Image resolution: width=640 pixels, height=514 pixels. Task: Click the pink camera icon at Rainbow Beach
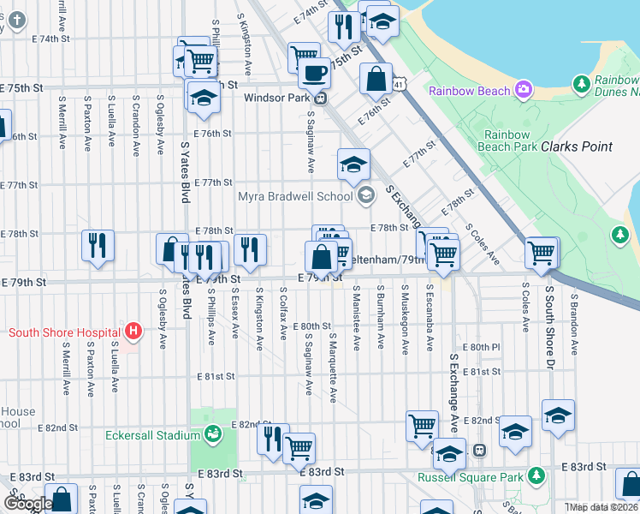tap(523, 90)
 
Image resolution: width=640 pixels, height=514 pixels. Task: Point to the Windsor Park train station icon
tap(320, 98)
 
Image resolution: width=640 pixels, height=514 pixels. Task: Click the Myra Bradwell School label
tap(295, 196)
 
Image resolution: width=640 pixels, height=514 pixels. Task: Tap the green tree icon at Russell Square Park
tap(536, 475)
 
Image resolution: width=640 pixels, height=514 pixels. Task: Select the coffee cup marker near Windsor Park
tap(315, 74)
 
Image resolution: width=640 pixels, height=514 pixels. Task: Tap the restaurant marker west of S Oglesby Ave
tap(98, 243)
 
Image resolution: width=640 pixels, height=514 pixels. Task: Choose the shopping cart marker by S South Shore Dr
tap(541, 253)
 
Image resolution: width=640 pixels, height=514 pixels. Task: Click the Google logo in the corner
tap(28, 504)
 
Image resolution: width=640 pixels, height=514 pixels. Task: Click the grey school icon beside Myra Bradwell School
tap(366, 196)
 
